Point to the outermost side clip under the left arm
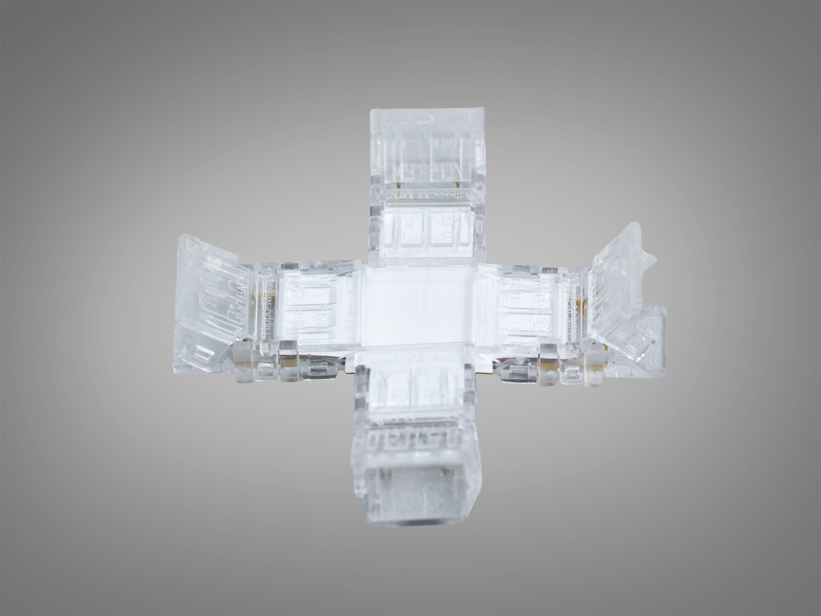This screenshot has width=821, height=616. [243, 365]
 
